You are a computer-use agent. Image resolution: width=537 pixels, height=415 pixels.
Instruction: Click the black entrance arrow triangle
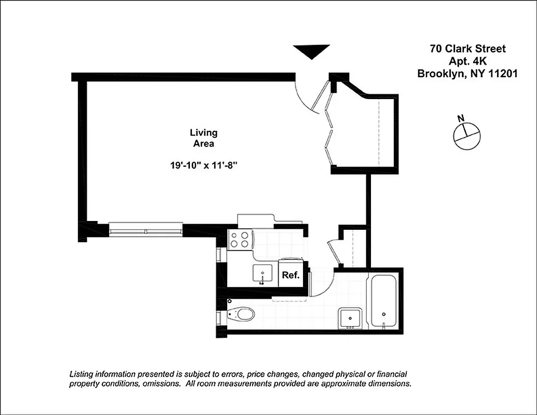311,51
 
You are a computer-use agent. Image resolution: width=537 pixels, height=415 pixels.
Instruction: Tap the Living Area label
203,138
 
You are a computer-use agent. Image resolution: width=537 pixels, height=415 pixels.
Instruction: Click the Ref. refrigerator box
291,275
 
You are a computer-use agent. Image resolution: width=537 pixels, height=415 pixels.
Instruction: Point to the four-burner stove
239,240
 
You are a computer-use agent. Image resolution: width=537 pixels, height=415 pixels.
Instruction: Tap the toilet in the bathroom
242,314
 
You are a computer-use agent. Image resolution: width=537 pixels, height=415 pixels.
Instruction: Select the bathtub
383,301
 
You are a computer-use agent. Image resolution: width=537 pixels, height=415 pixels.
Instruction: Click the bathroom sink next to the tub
350,317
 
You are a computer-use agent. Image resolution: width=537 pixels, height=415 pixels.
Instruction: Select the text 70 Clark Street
467,49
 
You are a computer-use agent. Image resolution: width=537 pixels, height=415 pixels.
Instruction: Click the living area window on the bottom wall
146,229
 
